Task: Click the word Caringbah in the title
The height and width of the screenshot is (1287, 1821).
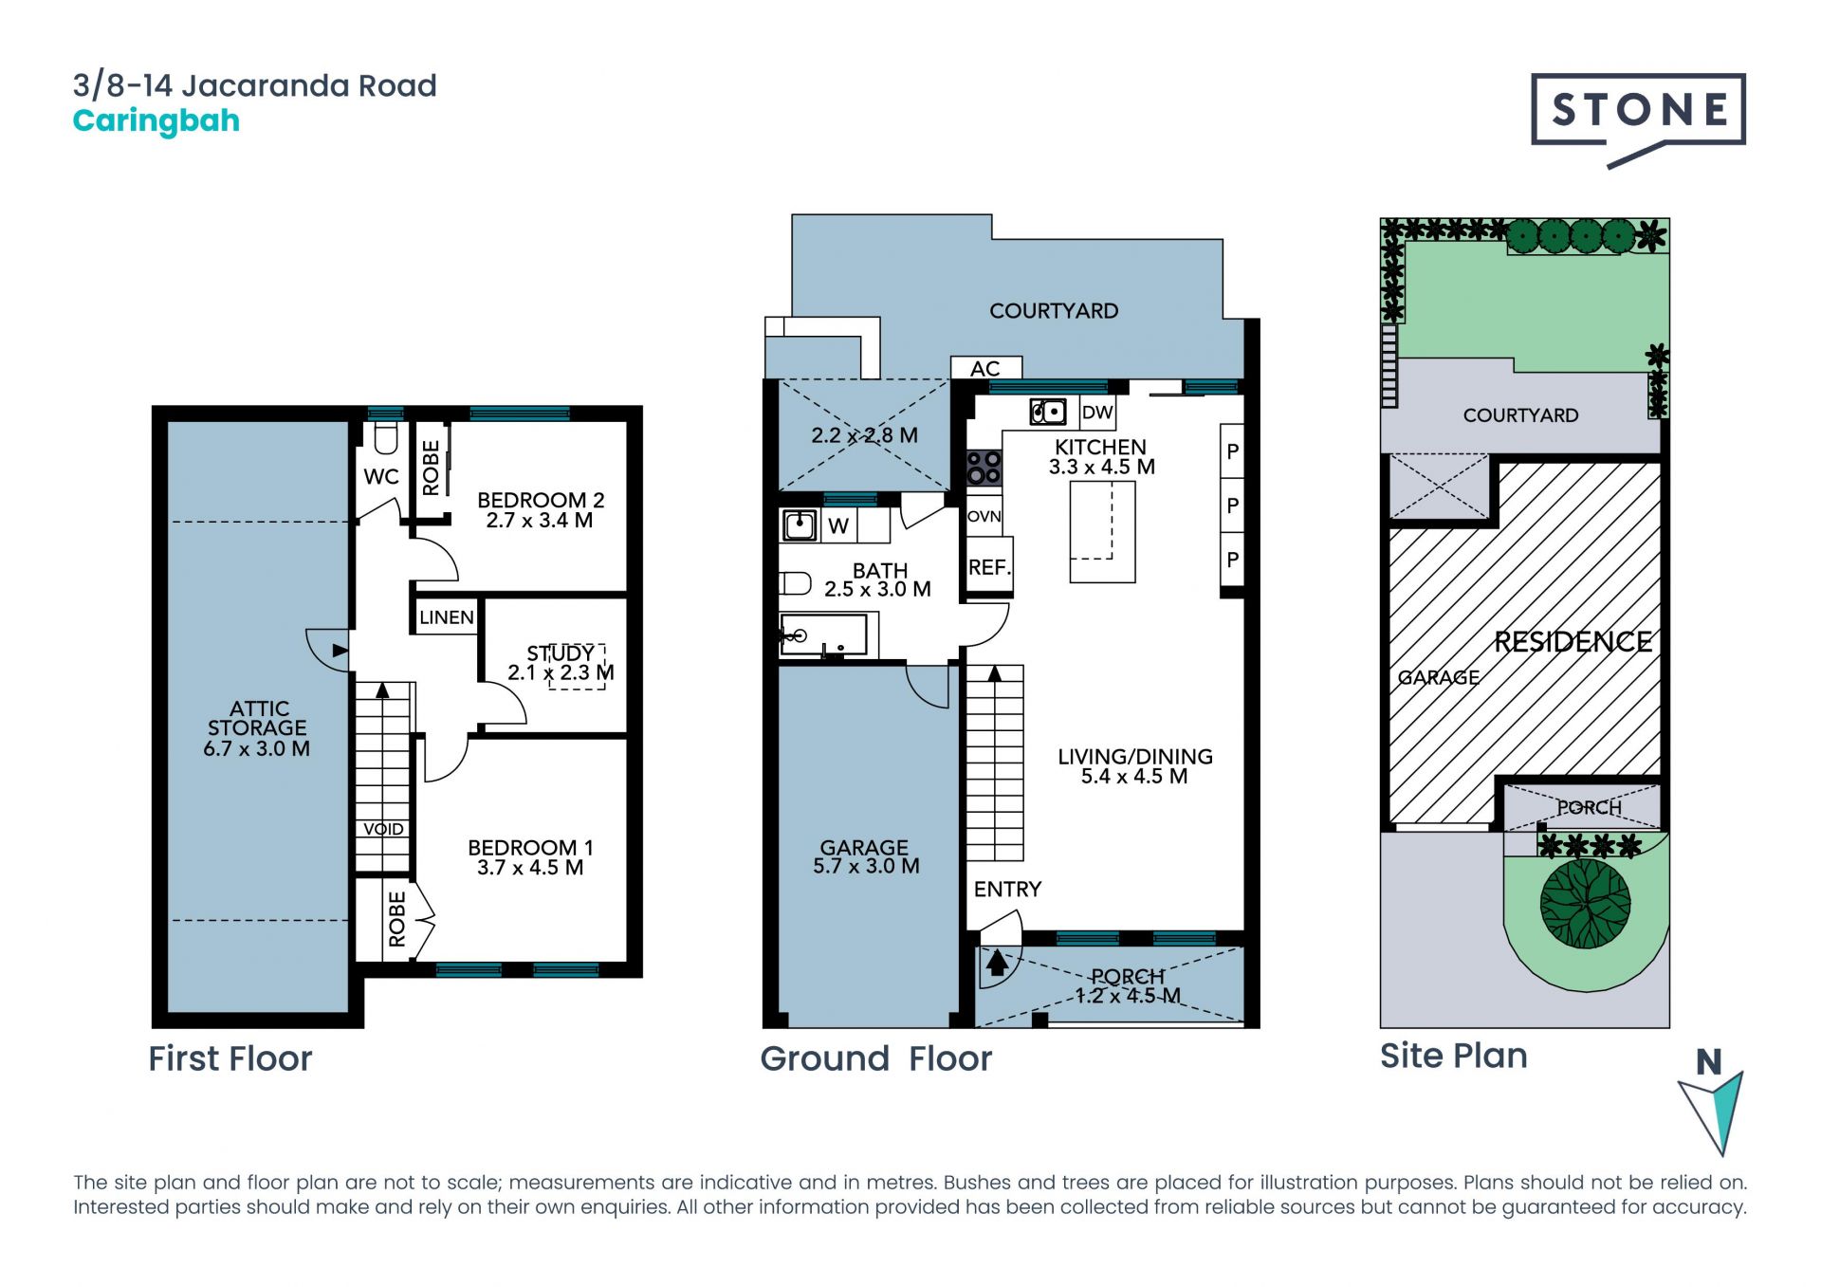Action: (x=156, y=121)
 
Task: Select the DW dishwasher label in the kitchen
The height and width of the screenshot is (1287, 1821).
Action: (x=1097, y=413)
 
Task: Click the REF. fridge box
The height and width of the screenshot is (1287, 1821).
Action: (x=989, y=566)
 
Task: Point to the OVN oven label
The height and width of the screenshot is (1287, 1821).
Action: (x=984, y=516)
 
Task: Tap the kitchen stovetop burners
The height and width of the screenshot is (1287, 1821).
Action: (x=984, y=469)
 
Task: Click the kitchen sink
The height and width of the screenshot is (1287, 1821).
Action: (x=1048, y=413)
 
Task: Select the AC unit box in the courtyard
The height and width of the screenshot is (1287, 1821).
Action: (x=986, y=368)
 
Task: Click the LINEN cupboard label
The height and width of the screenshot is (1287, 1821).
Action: (x=447, y=617)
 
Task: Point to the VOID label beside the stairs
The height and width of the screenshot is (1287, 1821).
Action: (x=383, y=829)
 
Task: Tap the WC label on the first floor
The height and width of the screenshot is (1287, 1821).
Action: (x=381, y=477)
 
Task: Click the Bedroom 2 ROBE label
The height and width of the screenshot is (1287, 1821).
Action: (x=432, y=468)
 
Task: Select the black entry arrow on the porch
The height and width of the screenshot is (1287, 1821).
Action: (x=997, y=963)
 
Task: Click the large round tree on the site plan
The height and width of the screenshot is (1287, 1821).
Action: (x=1586, y=903)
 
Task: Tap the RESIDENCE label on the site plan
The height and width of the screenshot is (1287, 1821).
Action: (x=1573, y=642)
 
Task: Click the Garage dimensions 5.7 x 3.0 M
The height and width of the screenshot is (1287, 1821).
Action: (x=866, y=866)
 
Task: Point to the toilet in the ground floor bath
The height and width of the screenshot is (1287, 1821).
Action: (x=795, y=582)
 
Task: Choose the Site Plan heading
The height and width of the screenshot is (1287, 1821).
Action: (x=1453, y=1056)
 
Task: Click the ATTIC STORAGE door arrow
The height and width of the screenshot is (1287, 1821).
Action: (x=340, y=650)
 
